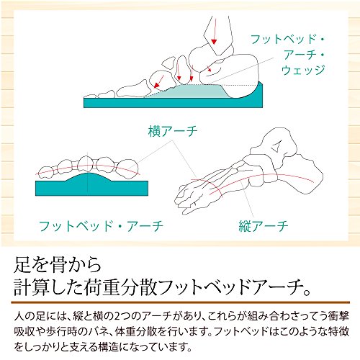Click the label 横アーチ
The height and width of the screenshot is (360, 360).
coord(173,131)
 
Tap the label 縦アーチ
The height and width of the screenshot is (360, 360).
coord(264,226)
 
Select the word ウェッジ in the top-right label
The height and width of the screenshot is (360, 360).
coord(303,70)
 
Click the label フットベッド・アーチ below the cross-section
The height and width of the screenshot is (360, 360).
coord(101,226)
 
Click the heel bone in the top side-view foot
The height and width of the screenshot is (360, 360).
coord(230,70)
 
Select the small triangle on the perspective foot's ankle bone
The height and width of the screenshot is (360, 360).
coord(276,146)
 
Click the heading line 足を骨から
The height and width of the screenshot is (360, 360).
coord(58,265)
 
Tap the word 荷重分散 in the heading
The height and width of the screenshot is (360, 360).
coord(120,287)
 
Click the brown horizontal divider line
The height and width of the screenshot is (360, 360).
coord(181,302)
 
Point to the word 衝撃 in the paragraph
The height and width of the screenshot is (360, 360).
coord(338,316)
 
